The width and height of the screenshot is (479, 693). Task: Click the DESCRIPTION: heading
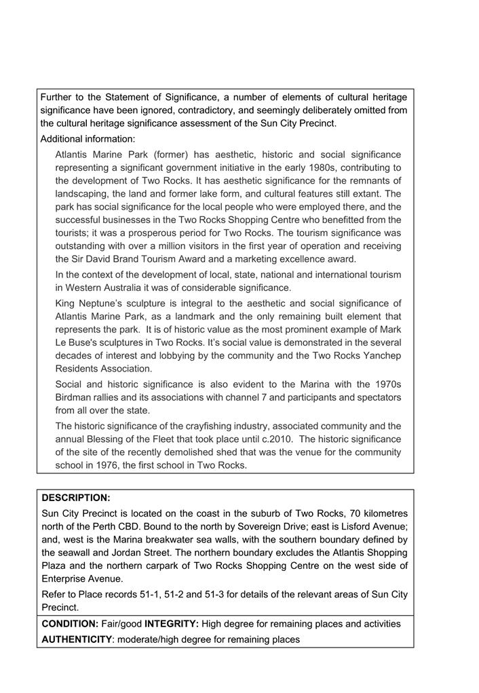click(76, 498)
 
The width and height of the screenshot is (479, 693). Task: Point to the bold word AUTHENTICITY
click(77, 639)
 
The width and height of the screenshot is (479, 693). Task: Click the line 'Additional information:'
click(88, 139)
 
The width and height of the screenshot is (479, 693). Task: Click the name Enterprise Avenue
click(80, 578)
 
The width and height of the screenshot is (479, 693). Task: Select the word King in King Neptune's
click(66, 303)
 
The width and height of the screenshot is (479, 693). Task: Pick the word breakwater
click(182, 540)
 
